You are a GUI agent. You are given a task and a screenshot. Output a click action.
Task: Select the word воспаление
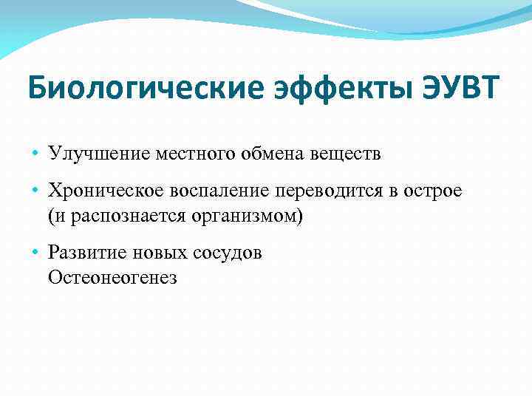[x=222, y=191]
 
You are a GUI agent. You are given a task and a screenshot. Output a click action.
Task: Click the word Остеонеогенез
[x=112, y=278]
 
